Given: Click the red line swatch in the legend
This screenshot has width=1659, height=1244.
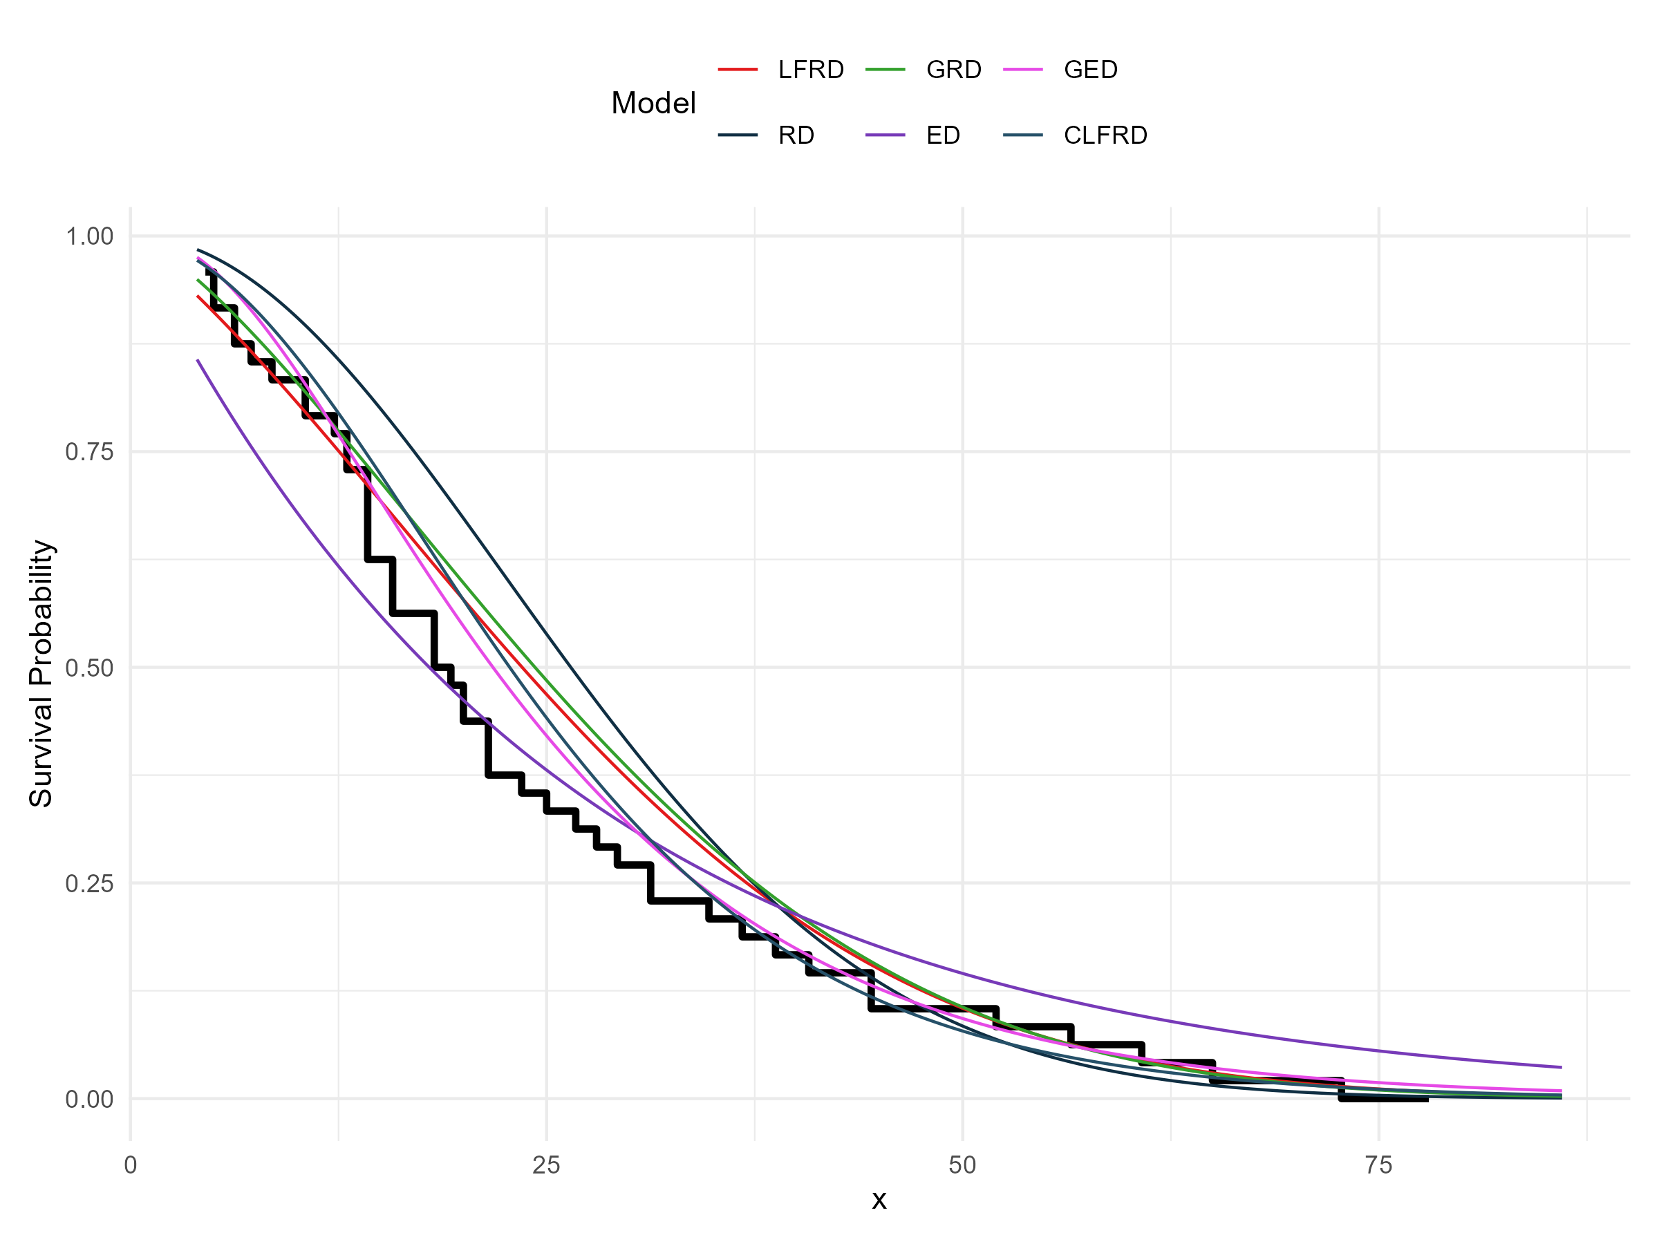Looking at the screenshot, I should point(738,70).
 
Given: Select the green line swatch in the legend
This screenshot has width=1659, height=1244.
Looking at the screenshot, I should point(885,70).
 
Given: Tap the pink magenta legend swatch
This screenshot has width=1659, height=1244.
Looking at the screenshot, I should point(1023,70).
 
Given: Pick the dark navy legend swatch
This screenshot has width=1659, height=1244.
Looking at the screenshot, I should point(738,135).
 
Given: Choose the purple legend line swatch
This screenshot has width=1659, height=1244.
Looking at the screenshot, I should point(885,135).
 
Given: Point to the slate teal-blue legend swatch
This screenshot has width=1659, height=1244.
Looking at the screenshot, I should point(1023,135).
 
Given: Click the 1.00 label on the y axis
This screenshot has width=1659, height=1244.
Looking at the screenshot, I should point(89,236).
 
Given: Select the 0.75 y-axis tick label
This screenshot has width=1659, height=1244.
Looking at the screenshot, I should point(89,451).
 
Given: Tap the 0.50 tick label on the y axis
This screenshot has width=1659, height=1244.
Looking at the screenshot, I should point(89,668).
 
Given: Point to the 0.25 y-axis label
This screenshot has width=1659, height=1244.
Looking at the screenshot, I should point(89,883).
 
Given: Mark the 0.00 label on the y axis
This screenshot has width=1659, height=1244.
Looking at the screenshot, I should point(89,1100).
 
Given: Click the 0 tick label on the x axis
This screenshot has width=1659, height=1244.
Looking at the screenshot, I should point(131,1165).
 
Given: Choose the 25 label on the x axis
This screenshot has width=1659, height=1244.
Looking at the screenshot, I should point(547,1165).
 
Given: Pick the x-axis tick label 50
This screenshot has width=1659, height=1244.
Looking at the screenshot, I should point(962,1165).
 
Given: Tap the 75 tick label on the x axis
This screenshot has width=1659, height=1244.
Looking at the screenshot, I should point(1378,1165).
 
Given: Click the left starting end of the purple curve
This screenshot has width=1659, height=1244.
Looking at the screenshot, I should point(198,361).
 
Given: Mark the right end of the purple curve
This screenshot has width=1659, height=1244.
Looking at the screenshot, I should point(1562,1067).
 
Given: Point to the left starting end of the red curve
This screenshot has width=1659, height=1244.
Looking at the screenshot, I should point(198,296).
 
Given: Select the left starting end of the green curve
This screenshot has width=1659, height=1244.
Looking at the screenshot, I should point(198,280).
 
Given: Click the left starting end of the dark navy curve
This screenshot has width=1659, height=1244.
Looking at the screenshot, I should point(198,249).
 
